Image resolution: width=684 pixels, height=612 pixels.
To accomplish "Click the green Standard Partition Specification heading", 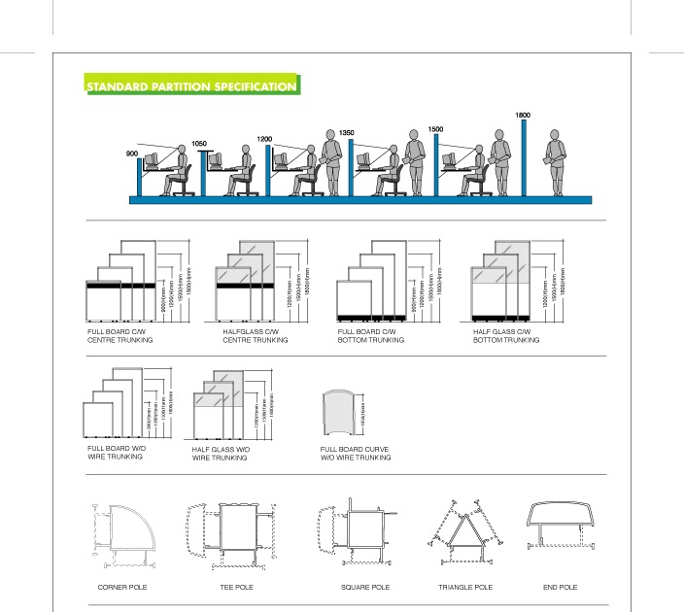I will click(192, 87).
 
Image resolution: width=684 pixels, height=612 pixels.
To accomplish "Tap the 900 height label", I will click(132, 153).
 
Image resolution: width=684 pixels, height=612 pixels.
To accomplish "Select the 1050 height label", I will click(199, 143).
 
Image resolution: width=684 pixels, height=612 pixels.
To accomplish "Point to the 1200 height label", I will click(264, 139).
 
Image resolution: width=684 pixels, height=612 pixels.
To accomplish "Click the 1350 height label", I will click(346, 132).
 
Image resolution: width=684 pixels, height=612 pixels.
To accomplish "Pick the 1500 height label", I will click(435, 129).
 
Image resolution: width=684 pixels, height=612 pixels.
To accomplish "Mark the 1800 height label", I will click(523, 116).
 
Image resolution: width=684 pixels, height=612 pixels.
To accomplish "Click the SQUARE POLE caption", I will click(365, 588).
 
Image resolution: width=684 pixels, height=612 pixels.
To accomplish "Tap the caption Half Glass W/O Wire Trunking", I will click(220, 454).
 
